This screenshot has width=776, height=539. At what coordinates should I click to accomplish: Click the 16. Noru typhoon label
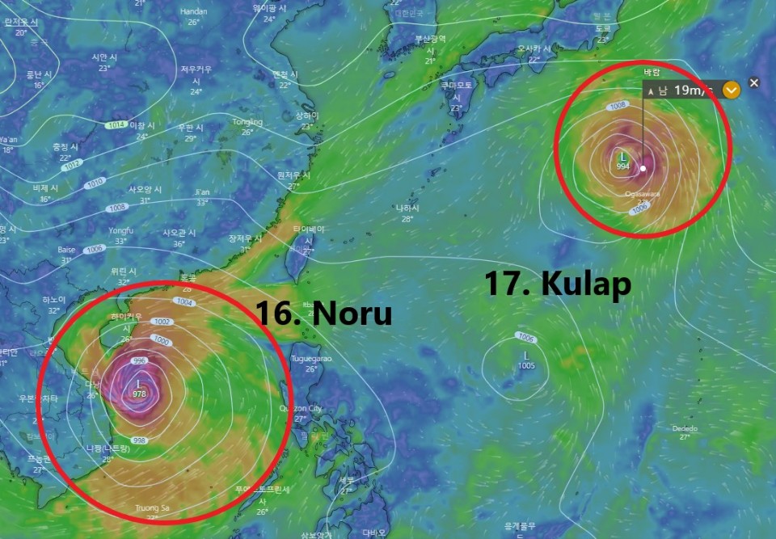323,313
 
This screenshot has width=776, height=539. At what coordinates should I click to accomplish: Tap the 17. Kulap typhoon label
558,284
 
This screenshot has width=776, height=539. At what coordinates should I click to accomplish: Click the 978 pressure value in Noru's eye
140,394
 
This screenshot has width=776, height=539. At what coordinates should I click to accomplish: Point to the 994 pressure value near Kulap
622,166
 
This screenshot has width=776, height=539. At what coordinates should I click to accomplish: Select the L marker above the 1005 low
526,356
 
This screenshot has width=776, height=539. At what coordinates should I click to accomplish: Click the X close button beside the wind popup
754,83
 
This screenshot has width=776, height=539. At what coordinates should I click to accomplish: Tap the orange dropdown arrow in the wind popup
731,90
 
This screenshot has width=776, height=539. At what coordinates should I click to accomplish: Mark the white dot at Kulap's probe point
643,169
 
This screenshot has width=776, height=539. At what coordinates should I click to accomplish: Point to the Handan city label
193,11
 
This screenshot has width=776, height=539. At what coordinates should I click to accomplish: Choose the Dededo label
684,428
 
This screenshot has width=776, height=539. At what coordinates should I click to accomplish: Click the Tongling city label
247,122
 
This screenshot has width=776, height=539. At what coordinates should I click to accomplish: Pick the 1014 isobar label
116,125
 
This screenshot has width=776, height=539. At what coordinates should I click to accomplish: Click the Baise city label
66,250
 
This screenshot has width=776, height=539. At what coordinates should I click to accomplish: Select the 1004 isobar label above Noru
184,302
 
